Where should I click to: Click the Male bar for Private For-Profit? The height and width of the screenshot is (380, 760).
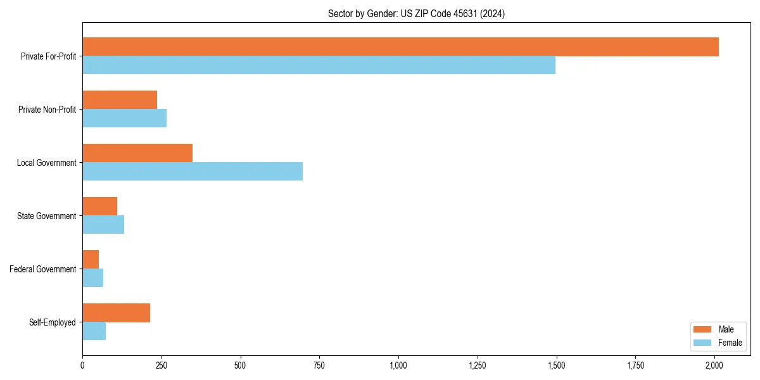coord(400,47)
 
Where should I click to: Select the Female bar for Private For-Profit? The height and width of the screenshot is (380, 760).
coord(319,65)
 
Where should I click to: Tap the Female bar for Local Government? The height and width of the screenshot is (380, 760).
coord(193,172)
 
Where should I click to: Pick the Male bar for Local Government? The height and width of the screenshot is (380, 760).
coord(137,153)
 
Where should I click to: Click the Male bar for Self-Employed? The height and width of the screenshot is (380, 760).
coord(116,313)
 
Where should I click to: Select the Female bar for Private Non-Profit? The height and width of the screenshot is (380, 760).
coord(124,118)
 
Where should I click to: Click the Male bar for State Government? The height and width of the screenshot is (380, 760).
coord(99,206)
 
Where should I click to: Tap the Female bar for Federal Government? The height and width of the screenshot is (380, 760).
coord(92,278)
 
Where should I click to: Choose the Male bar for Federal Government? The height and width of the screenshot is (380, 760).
coord(91,260)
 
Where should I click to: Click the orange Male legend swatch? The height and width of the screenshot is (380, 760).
coord(703,329)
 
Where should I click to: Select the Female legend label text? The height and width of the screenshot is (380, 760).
coord(730,343)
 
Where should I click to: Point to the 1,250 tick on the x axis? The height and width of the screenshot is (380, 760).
coord(478,365)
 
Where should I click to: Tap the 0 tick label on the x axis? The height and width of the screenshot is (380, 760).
coord(82,365)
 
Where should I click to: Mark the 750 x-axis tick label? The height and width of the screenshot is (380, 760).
coord(319,365)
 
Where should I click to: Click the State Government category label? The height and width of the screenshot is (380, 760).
coord(46,216)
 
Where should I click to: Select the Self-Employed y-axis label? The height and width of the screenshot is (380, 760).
coord(52,322)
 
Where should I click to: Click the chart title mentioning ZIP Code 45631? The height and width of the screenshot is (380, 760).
coord(416,13)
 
